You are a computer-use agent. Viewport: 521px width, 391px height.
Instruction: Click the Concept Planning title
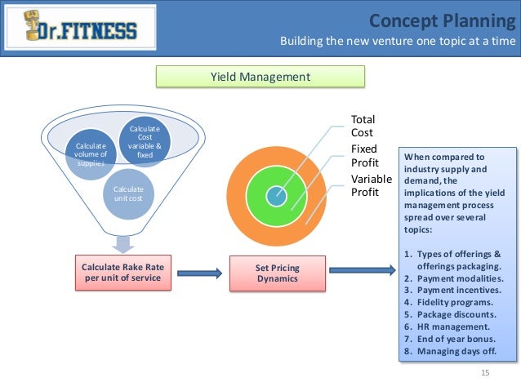pyautogui.click(x=441, y=20)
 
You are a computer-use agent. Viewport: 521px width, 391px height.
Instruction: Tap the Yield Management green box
pyautogui.click(x=260, y=77)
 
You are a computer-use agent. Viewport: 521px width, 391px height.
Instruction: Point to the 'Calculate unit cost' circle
pyautogui.click(x=122, y=194)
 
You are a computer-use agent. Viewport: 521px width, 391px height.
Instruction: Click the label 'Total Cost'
pyautogui.click(x=362, y=126)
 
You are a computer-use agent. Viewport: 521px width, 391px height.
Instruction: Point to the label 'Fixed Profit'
pyautogui.click(x=365, y=155)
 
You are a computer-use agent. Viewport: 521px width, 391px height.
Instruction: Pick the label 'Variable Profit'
pyautogui.click(x=371, y=185)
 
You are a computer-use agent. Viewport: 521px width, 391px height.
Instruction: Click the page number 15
pyautogui.click(x=485, y=373)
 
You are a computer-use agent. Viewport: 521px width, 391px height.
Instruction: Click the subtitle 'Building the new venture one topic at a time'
pyautogui.click(x=398, y=42)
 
